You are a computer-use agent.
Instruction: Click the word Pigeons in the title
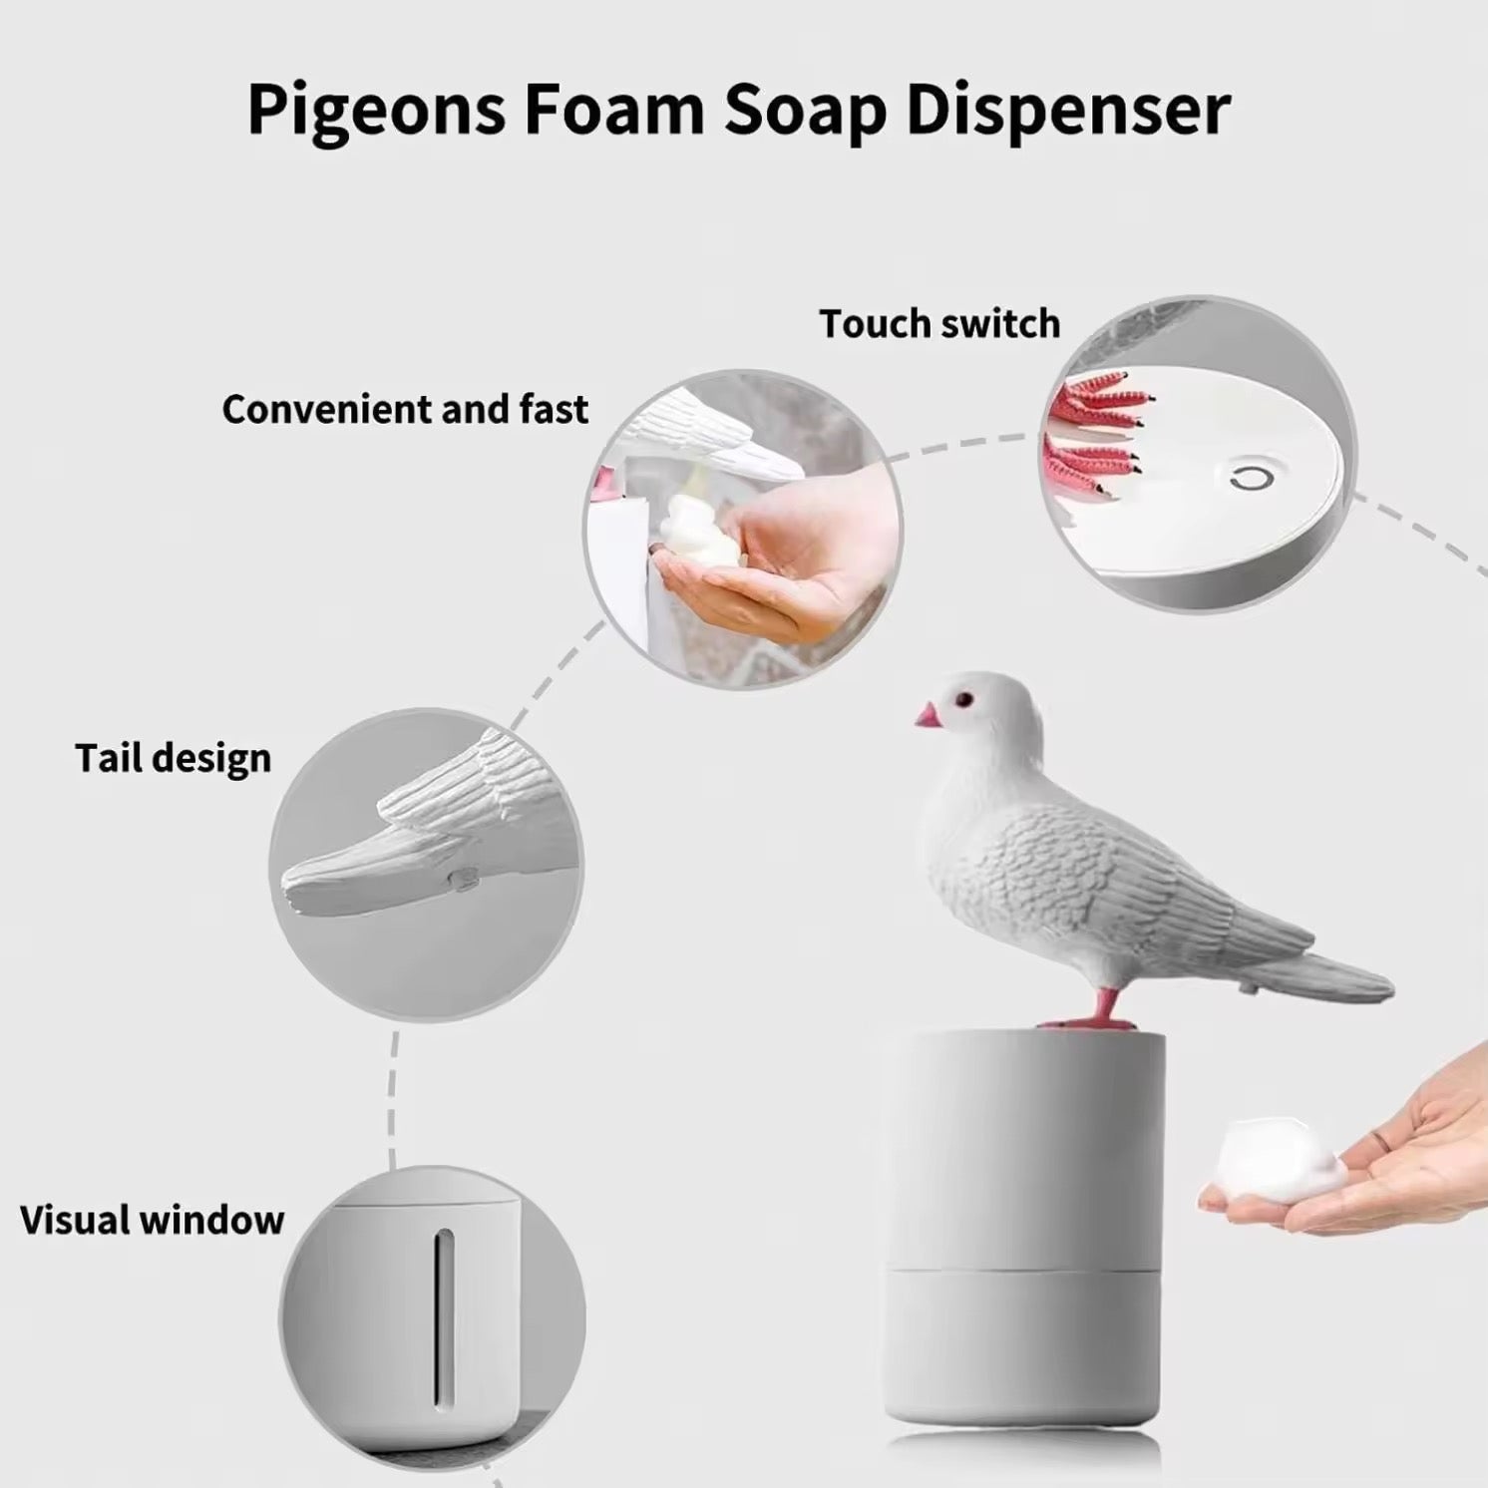(376, 110)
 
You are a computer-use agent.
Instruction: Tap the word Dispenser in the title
(1067, 110)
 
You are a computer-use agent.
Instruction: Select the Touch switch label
(939, 324)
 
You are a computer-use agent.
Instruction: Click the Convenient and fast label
(405, 409)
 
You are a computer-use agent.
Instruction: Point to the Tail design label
(173, 758)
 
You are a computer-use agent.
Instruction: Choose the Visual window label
(152, 1220)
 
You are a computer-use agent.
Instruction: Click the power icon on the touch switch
(1252, 479)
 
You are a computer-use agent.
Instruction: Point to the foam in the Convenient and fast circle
(702, 536)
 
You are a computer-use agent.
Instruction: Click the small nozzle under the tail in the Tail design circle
(463, 879)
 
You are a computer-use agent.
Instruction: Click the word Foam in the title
(614, 110)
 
